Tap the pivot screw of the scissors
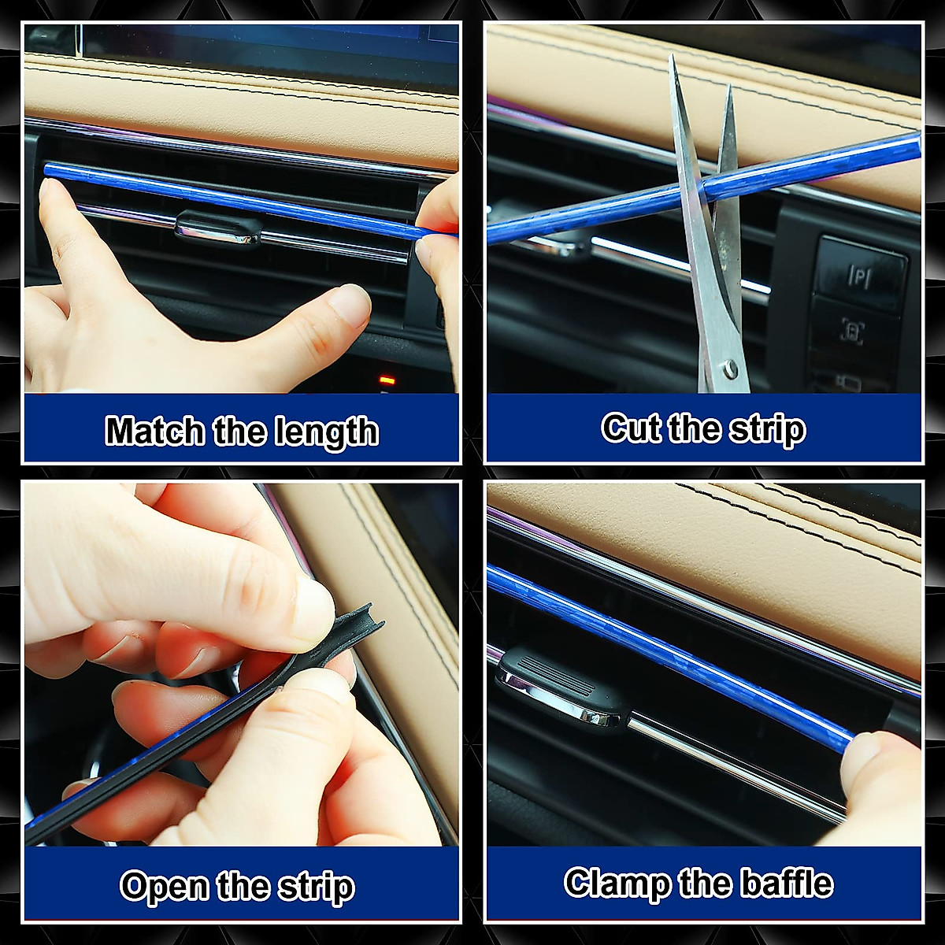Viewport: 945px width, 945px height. point(732,368)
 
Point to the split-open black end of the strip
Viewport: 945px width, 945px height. point(358,626)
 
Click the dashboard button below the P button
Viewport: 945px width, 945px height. point(854,331)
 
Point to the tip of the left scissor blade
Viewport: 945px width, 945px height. point(673,59)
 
